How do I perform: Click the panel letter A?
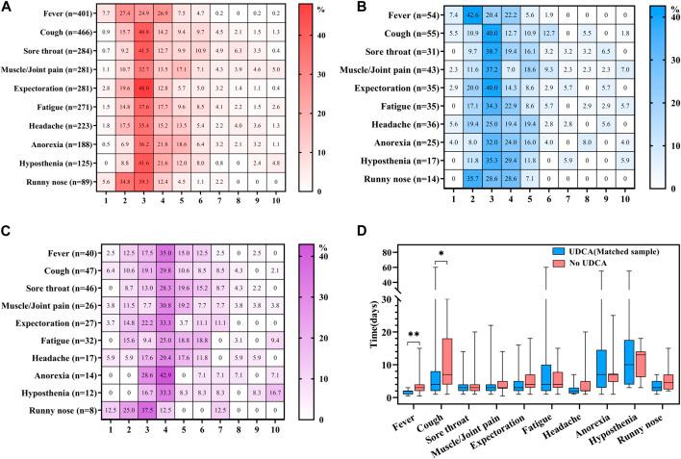(8, 8)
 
